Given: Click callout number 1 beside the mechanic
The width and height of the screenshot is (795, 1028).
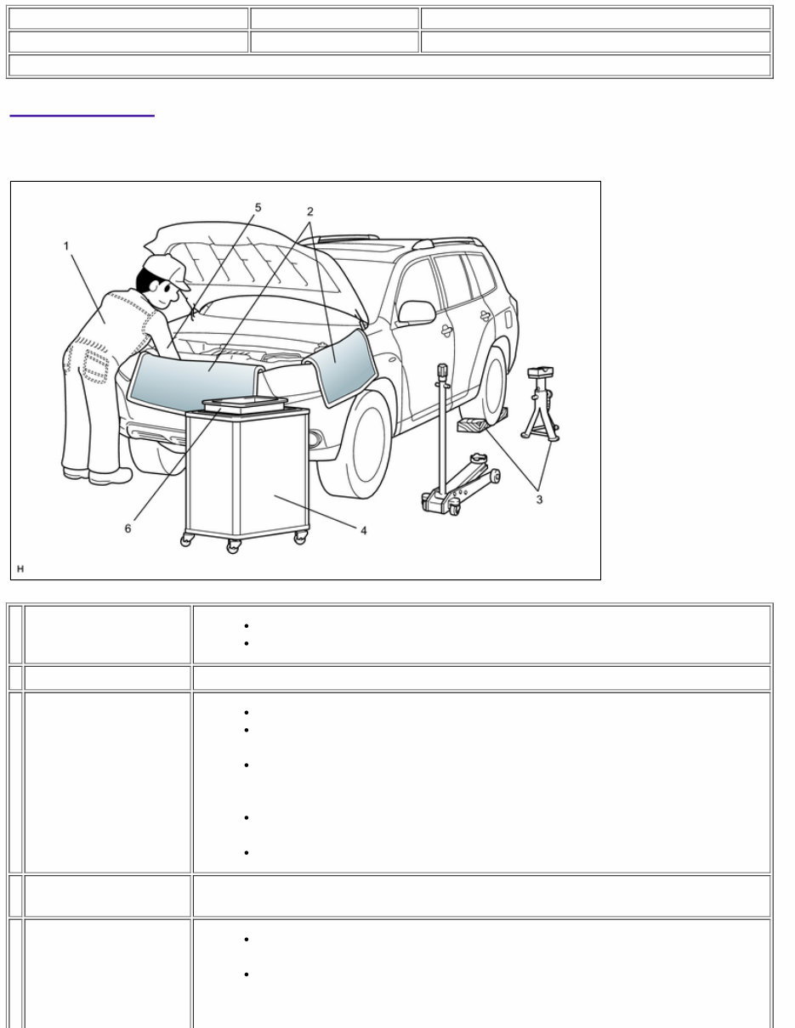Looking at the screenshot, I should click(x=66, y=246).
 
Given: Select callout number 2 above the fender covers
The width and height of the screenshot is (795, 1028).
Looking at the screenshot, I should click(x=310, y=211).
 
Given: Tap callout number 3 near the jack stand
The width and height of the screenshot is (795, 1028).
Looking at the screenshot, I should click(x=538, y=500).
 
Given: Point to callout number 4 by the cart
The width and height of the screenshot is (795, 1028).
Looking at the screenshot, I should click(x=363, y=530).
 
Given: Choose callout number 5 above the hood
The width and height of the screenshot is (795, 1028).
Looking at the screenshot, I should click(x=258, y=207).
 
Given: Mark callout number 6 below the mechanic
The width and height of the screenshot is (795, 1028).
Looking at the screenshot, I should click(x=128, y=528).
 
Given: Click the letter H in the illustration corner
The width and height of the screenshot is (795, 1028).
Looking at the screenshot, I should click(x=20, y=568).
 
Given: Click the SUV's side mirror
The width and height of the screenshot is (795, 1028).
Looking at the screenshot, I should click(x=417, y=313).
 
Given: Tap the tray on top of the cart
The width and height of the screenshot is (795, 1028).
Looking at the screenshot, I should click(x=243, y=404).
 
